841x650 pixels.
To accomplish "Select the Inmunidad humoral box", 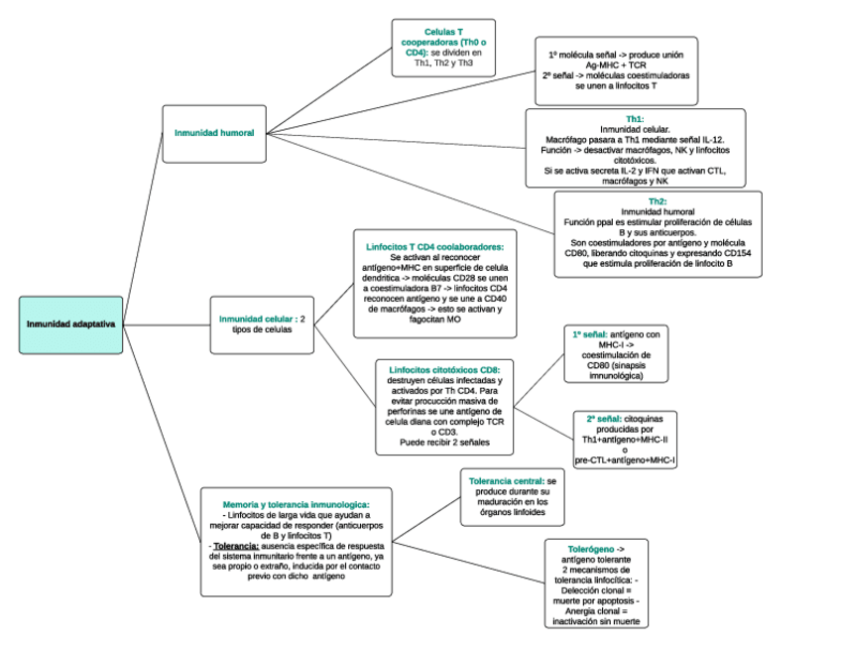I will tap(214, 132).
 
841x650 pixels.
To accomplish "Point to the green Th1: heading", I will tap(635, 119).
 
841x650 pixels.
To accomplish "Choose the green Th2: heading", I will tap(658, 201).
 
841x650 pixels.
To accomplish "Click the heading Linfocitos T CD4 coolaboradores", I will tap(435, 245).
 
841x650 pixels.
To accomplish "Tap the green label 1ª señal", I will tap(590, 334).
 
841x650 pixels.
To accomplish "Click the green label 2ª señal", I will tap(604, 419).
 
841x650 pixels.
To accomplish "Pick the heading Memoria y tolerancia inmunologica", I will tap(296, 504).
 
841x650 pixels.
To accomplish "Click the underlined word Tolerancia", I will tap(236, 546).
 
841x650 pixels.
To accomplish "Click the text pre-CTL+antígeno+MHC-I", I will tap(624, 460).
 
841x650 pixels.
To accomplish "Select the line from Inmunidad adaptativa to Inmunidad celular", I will tap(169, 323).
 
